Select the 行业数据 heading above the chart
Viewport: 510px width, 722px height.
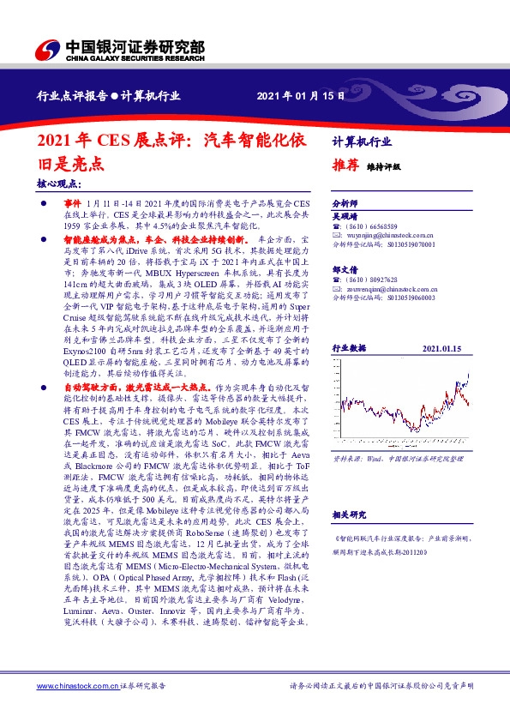click(349, 324)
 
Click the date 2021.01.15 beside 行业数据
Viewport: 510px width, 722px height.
click(442, 324)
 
